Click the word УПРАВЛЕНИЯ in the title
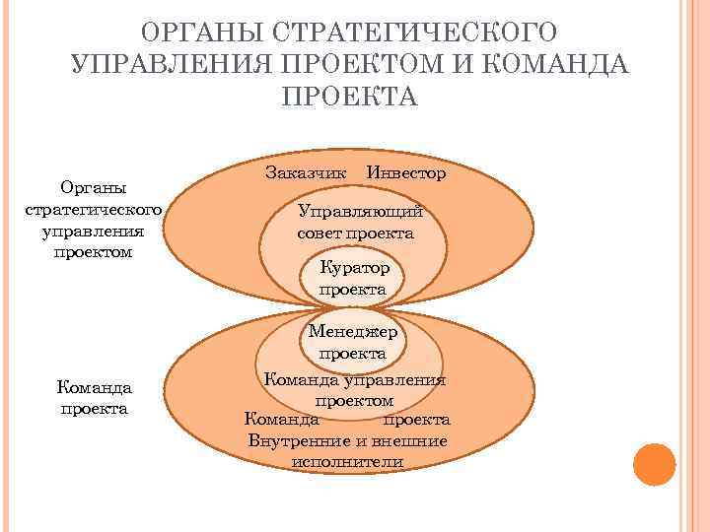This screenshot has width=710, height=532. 169,64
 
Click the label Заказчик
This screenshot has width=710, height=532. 306,172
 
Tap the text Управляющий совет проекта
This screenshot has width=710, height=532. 356,223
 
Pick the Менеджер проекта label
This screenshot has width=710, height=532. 353,342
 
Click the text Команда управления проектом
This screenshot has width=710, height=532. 354,390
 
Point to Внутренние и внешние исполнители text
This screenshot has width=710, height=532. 348,450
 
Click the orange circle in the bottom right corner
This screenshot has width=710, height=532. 654,464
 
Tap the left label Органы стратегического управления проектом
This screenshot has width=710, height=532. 95,219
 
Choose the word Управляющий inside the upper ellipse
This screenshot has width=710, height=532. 361,212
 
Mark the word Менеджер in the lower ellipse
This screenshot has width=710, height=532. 353,332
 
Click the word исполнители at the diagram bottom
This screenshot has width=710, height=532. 348,461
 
